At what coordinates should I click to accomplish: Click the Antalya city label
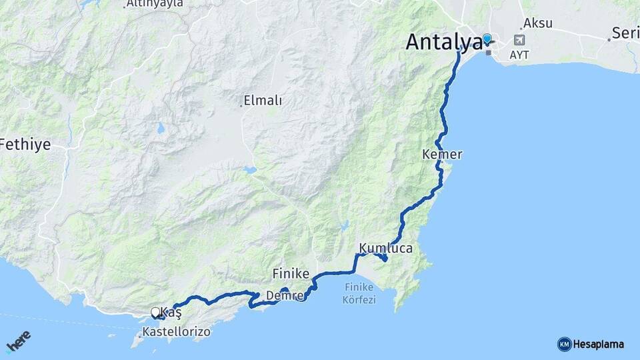point(443,42)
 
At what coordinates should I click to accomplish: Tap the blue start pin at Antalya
point(487,40)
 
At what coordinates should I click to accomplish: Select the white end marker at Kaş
point(155,311)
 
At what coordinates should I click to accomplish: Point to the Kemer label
point(442,154)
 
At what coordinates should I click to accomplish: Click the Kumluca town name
point(386,248)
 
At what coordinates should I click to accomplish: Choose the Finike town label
point(291,273)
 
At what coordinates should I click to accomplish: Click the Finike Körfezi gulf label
point(359,293)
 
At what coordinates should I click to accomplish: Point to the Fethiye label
point(25,144)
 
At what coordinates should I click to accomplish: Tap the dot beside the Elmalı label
point(241,105)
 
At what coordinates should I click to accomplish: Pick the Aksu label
point(538,23)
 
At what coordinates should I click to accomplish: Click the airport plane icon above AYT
point(519,41)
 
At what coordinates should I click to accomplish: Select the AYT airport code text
point(519,55)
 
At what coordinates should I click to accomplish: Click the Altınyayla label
point(155,4)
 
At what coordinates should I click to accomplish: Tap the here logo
point(19,341)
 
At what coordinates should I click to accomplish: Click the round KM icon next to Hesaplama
point(565,344)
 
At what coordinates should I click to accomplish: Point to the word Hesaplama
point(598,344)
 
